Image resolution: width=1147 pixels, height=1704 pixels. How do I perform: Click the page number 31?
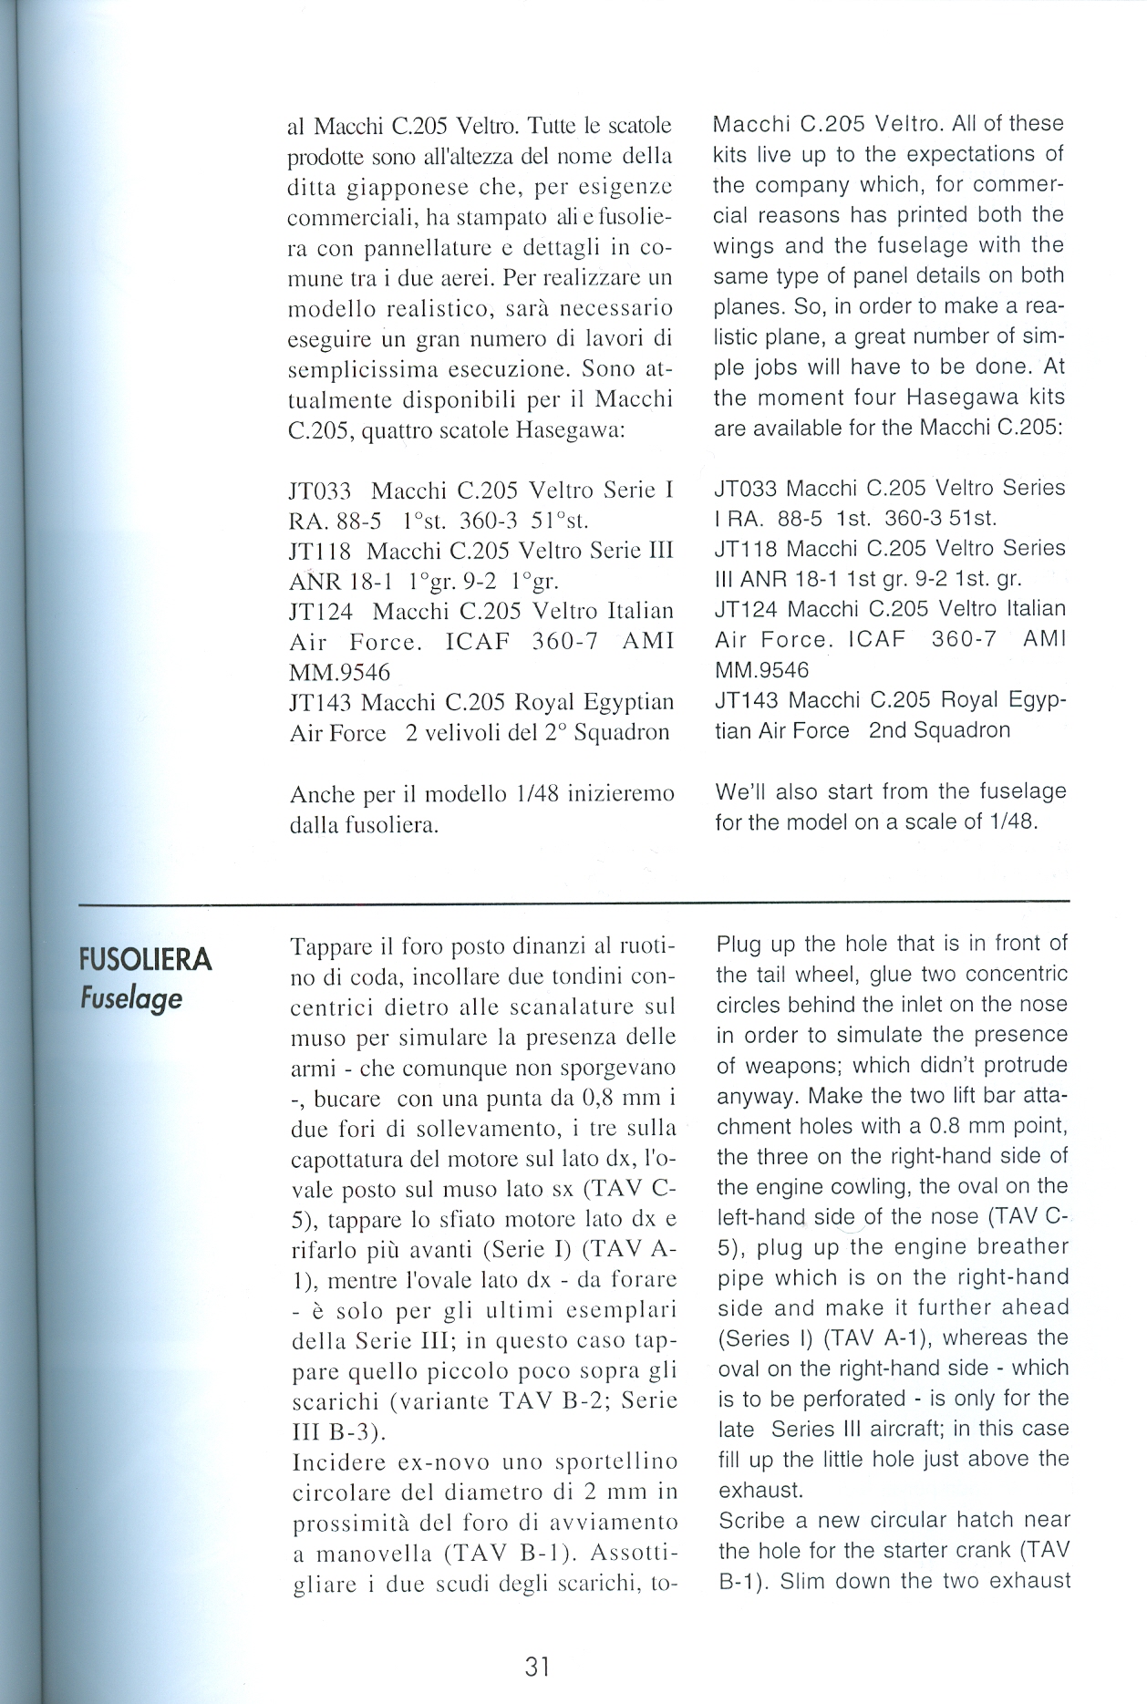[x=537, y=1667]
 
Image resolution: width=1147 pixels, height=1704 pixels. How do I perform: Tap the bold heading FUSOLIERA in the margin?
[x=146, y=960]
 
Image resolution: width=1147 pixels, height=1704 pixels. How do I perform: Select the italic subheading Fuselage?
[x=130, y=998]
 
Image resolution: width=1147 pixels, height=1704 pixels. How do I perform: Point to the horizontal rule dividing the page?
[x=574, y=902]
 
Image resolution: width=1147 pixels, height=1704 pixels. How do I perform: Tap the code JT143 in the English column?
[x=748, y=700]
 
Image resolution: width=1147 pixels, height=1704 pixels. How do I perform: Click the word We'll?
[x=744, y=791]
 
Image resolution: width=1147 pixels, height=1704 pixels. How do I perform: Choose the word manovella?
[x=375, y=1554]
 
